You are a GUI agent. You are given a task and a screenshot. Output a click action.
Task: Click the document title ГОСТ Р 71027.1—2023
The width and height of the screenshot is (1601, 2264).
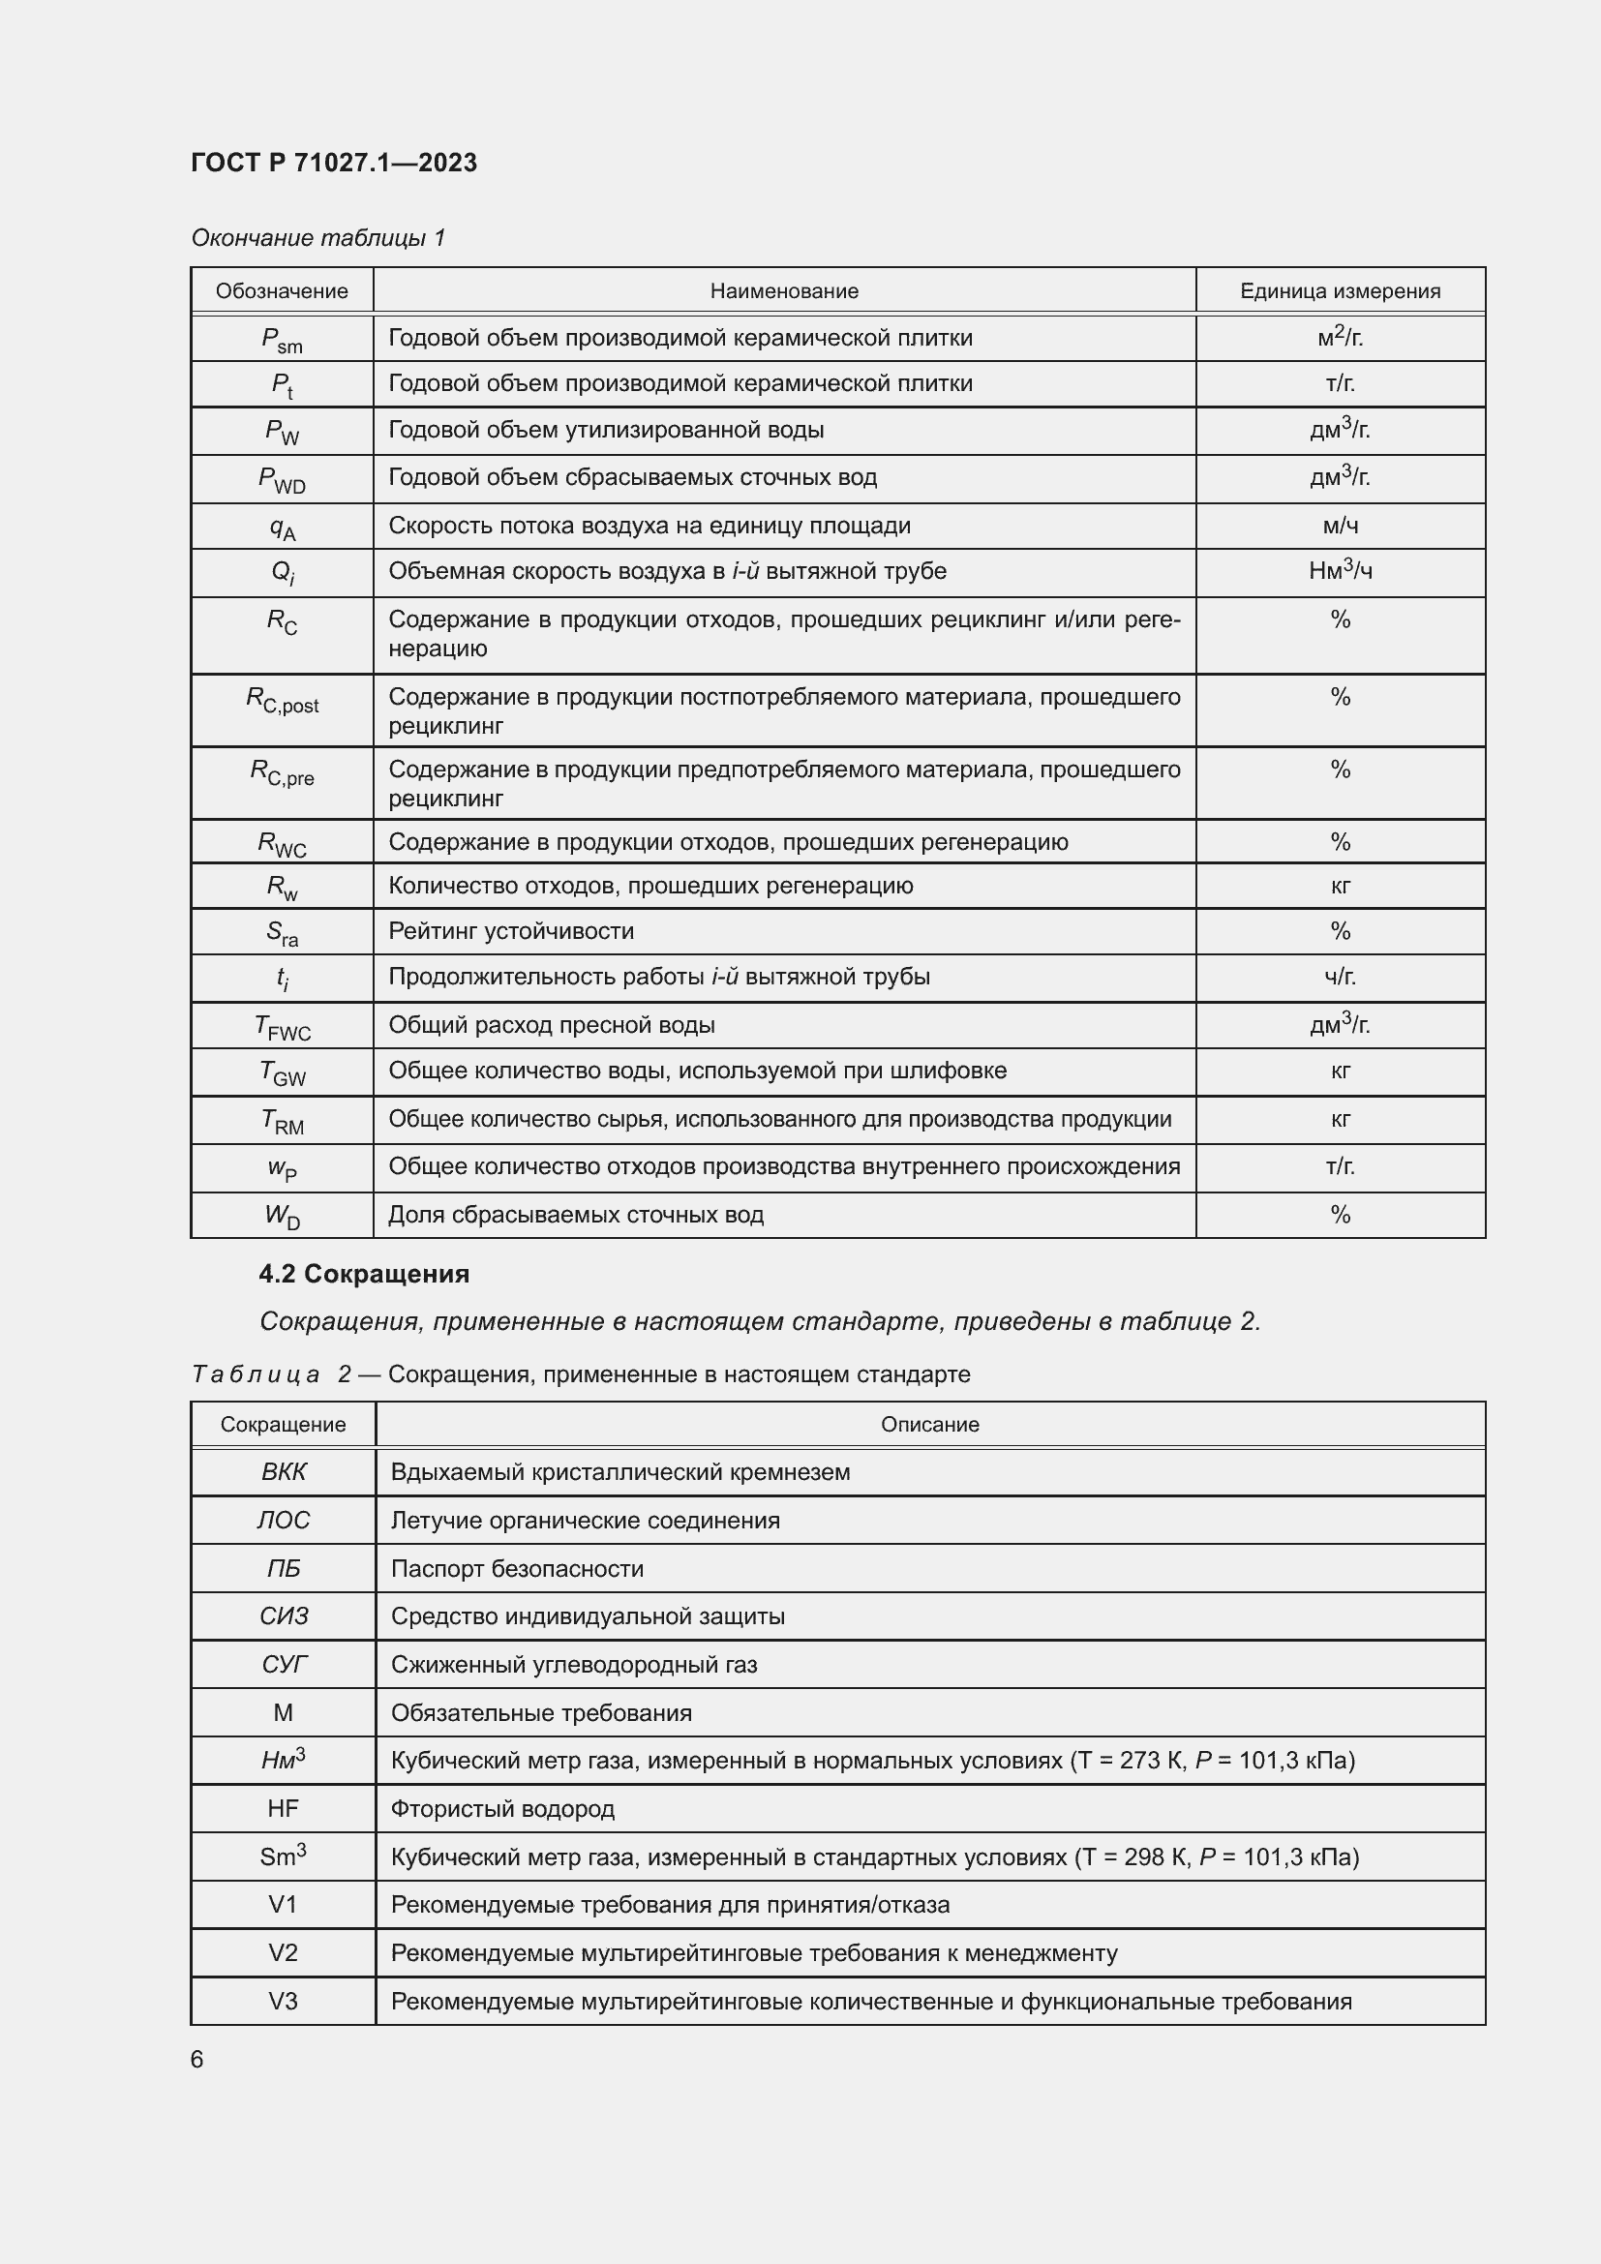click(333, 163)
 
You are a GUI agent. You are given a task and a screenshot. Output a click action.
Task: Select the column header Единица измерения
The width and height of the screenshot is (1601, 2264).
click(1340, 291)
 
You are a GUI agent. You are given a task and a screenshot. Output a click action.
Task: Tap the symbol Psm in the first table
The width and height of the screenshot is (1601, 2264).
click(282, 339)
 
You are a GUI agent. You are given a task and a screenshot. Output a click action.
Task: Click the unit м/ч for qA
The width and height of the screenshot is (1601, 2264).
click(1340, 526)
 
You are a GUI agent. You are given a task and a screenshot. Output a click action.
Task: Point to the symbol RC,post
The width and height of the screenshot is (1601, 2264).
click(282, 700)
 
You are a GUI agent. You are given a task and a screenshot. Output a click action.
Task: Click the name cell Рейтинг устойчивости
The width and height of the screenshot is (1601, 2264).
click(511, 931)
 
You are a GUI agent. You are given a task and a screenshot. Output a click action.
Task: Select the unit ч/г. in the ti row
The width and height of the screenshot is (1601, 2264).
click(1340, 978)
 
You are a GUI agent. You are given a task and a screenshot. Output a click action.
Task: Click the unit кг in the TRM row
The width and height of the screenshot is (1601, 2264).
click(1340, 1119)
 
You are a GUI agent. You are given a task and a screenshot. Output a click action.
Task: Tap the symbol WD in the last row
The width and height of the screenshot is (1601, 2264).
click(282, 1216)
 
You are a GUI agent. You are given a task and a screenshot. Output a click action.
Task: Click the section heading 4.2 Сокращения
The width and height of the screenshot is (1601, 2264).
click(364, 1274)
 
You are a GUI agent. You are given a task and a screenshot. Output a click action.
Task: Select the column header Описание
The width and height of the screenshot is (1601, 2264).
click(929, 1425)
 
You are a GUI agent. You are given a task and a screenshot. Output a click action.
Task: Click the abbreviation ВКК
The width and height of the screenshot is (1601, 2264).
click(283, 1472)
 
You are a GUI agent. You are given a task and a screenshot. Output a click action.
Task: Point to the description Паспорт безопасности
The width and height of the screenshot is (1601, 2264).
click(517, 1569)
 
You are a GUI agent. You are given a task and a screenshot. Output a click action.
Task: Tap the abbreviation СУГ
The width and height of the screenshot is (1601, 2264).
click(283, 1665)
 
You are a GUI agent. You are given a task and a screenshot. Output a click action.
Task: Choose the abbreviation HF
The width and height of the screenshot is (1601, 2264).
click(283, 1808)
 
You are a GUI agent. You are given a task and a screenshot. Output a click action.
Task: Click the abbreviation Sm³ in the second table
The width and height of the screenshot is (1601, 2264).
click(283, 1856)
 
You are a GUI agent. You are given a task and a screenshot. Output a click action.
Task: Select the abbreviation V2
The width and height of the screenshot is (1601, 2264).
click(283, 1952)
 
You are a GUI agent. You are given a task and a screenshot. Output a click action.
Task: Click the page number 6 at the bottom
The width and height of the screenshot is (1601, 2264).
click(197, 2060)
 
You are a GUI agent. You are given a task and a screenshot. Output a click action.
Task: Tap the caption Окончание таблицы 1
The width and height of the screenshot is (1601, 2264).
click(317, 238)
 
